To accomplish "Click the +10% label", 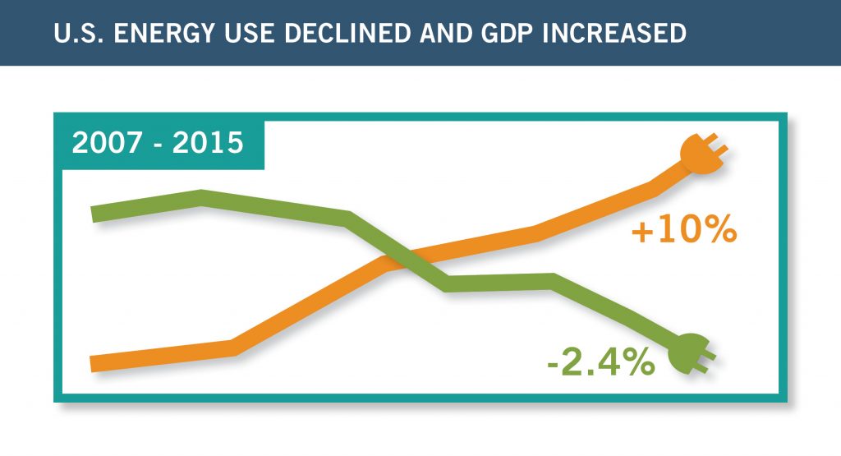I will point(682,231).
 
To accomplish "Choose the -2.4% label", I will point(600,362).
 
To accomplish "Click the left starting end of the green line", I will point(96,214).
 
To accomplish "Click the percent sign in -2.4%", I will point(636,362).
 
